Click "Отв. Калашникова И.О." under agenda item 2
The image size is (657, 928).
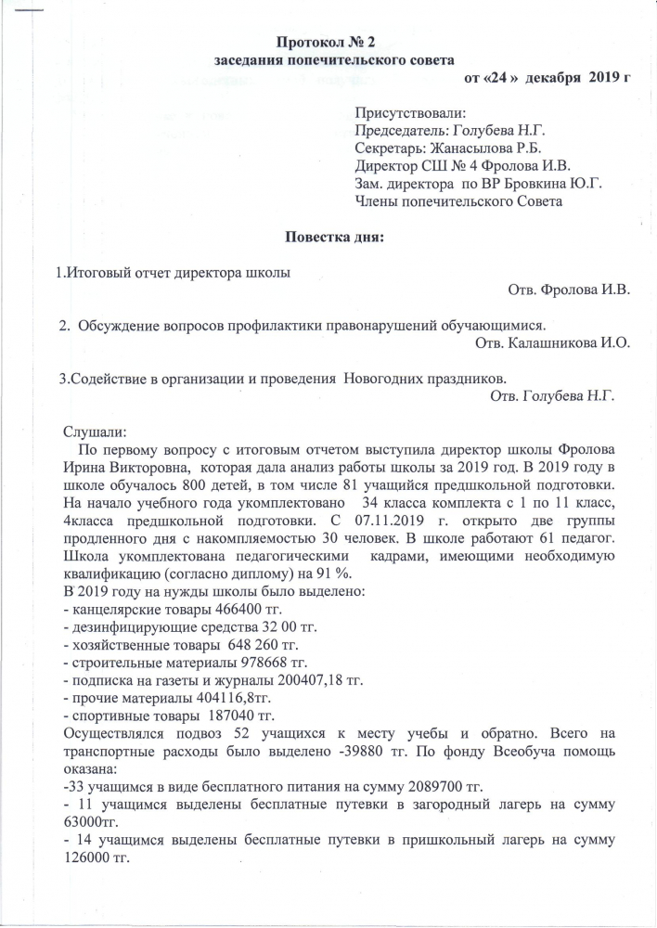pyautogui.click(x=552, y=343)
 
